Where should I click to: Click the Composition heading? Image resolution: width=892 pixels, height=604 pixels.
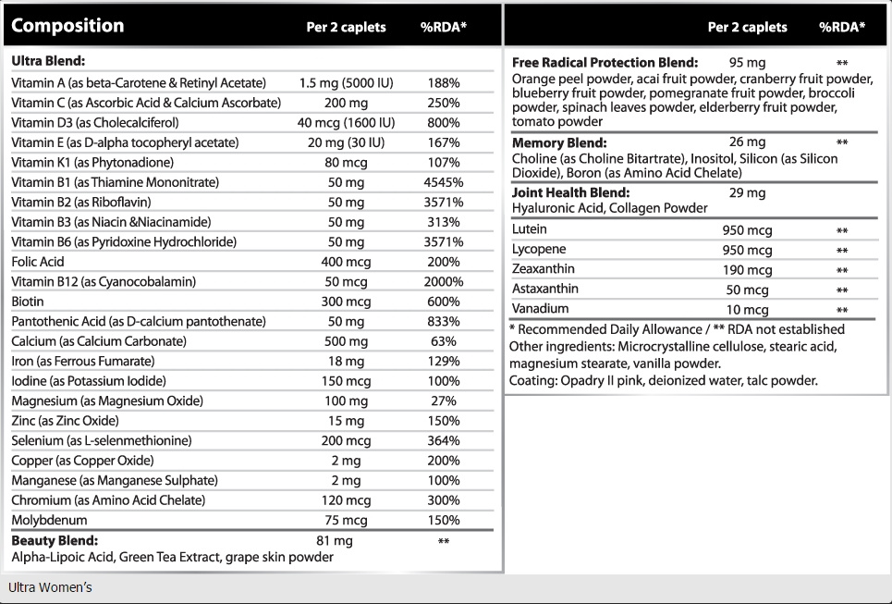pos(67,26)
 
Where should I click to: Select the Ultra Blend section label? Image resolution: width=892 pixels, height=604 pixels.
pos(48,61)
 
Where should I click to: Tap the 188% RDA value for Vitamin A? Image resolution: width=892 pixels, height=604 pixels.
pos(444,83)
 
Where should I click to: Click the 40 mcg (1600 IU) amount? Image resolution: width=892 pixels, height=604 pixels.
pos(346,123)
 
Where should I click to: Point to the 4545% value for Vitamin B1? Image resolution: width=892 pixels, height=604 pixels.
pos(444,183)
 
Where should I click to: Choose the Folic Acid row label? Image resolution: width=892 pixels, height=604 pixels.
pos(38,262)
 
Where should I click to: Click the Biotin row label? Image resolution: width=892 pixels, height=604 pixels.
pos(28,302)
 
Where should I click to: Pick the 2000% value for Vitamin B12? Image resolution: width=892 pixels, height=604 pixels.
pos(444,282)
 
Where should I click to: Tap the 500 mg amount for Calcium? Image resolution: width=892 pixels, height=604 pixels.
pos(346,341)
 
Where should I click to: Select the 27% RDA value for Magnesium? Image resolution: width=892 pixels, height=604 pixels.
pos(444,401)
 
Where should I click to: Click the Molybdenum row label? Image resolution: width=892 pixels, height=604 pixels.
pos(50,521)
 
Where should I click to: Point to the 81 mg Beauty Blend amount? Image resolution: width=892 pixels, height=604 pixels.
pos(335,541)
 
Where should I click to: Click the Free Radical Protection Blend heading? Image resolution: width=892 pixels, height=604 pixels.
pos(605,63)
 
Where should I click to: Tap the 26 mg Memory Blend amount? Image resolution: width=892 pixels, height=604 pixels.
pos(747,142)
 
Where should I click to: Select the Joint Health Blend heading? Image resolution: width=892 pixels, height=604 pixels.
pos(570,193)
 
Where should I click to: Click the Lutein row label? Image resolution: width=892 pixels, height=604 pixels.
pos(529,229)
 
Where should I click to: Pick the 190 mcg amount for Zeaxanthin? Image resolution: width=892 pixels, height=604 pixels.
pos(747,270)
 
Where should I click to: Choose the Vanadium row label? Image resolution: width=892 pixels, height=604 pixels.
pos(540,309)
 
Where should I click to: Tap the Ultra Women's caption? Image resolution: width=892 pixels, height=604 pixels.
pos(50,587)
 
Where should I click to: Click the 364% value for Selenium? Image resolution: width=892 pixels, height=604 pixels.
pos(444,441)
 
